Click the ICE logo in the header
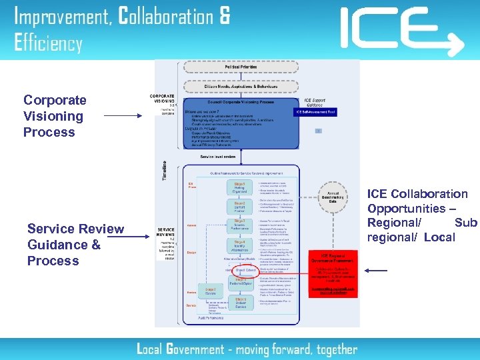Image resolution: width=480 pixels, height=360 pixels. (x=400, y=29)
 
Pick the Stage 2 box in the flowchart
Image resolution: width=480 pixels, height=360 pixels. (x=241, y=207)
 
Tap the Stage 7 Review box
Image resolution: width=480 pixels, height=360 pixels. (x=211, y=291)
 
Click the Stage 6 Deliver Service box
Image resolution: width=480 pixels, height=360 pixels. (x=240, y=303)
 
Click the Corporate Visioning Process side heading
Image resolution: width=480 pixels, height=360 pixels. (x=55, y=116)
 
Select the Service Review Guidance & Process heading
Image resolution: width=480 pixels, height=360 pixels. (x=75, y=245)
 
